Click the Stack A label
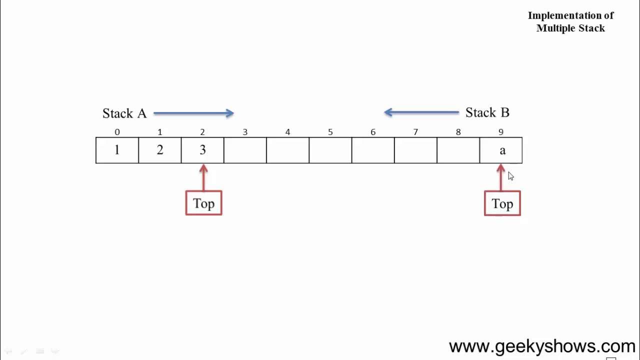[x=124, y=113]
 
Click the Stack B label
[x=487, y=112]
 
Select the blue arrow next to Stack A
[x=193, y=113]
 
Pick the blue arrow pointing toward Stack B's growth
[x=421, y=112]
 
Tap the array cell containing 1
[x=117, y=150]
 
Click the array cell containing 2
[x=160, y=150]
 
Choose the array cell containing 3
[x=202, y=150]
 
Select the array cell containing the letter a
[x=501, y=150]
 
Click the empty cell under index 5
[x=330, y=150]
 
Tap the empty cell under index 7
[x=415, y=150]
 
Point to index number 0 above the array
[x=117, y=132]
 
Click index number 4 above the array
[x=287, y=132]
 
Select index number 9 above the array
[x=501, y=132]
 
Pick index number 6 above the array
[x=373, y=132]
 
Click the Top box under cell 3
[x=203, y=203]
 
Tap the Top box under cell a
[x=502, y=203]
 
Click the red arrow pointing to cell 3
[x=203, y=177]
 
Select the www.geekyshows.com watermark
[x=541, y=346]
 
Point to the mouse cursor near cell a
[x=510, y=175]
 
